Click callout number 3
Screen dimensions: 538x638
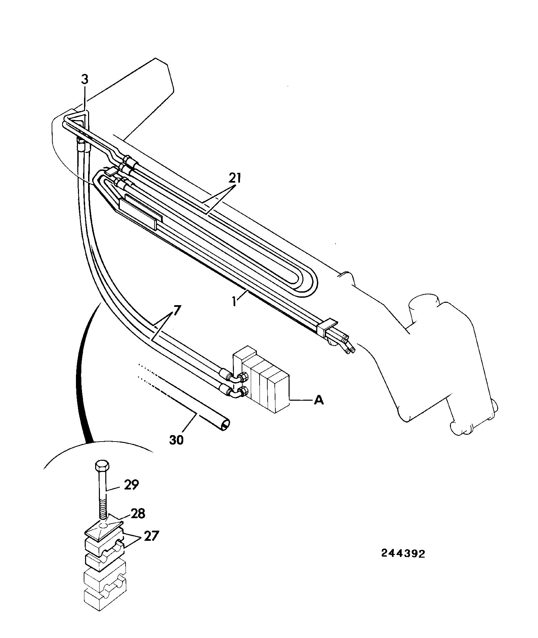85,80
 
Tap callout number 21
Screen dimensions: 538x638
235,178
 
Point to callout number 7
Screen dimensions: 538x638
178,310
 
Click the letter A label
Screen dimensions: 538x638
319,400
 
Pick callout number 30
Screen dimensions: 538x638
177,440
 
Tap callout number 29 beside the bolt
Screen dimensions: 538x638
131,485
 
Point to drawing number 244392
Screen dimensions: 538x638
403,554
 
